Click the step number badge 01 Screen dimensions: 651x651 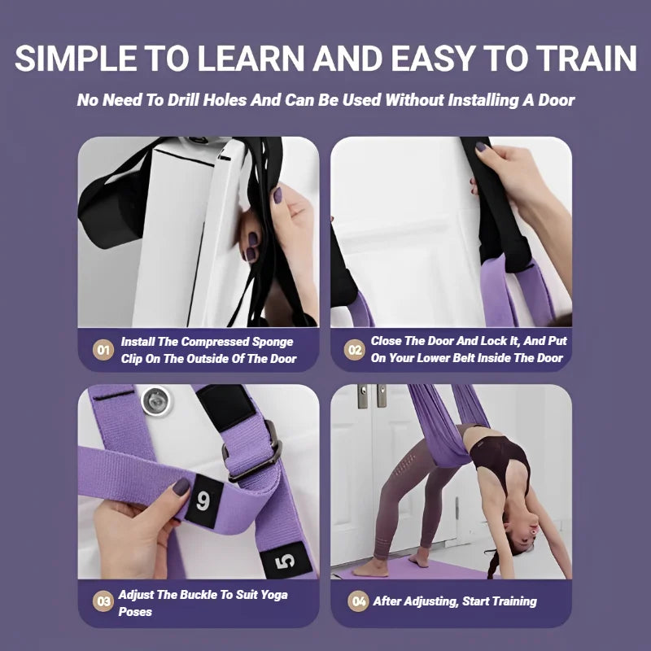[103, 351]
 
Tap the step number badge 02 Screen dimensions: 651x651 [355, 351]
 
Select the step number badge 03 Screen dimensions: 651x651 [103, 602]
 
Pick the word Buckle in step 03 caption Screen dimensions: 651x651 [200, 595]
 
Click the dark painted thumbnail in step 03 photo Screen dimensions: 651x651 [181, 487]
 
